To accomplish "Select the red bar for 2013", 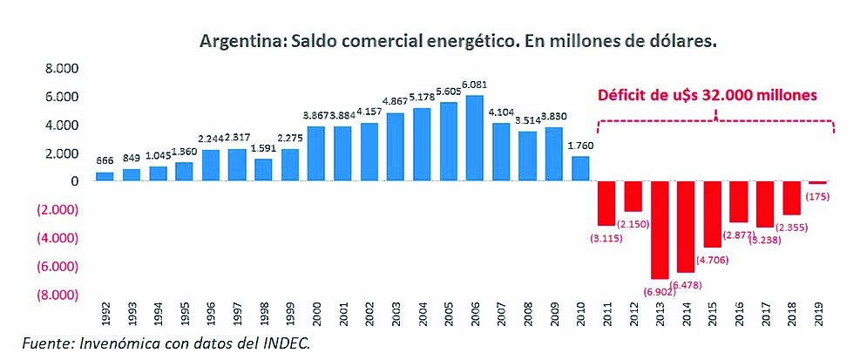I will tap(661, 229).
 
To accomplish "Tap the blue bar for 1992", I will tap(105, 176).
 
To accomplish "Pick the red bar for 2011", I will tap(606, 202).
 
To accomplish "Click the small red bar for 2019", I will tap(817, 182).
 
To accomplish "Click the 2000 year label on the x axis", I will tap(319, 310).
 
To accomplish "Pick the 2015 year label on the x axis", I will tap(713, 310).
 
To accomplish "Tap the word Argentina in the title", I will tap(234, 41).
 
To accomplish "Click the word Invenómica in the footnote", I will tap(123, 343).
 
